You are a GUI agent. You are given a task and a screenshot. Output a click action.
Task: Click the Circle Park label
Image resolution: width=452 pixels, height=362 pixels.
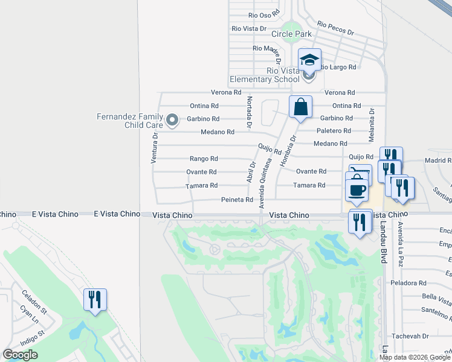[292, 34]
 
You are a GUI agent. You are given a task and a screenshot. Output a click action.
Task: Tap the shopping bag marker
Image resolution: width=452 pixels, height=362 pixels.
[300, 107]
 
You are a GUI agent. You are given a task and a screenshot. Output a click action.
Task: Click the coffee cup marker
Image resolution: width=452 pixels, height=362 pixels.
[357, 189]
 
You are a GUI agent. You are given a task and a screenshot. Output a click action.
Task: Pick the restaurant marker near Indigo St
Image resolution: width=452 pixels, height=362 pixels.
[95, 299]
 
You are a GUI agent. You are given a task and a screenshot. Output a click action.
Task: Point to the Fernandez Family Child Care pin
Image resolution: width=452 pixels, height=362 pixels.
[172, 120]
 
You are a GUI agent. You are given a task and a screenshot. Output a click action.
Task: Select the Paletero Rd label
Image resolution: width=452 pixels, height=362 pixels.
[334, 130]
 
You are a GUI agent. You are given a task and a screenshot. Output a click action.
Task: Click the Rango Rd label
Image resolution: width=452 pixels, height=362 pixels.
[204, 159]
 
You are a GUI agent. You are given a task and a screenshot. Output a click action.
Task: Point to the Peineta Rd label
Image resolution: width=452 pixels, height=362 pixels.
[237, 200]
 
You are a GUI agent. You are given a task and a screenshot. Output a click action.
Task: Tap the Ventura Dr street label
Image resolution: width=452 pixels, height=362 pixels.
[154, 148]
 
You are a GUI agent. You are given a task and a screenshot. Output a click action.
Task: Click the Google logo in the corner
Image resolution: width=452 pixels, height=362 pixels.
[20, 355]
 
